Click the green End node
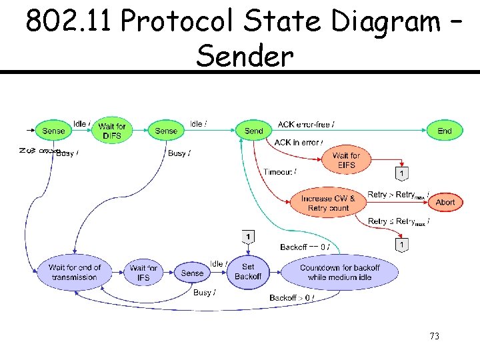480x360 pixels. click(444, 131)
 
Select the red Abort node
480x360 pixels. click(445, 202)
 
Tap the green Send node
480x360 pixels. click(253, 131)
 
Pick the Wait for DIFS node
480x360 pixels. click(111, 131)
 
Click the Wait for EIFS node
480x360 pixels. click(346, 160)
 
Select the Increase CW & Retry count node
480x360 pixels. click(328, 203)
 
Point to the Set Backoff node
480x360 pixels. click(248, 271)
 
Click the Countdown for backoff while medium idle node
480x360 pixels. click(339, 272)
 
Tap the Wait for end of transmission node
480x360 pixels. click(75, 272)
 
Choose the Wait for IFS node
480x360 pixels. click(143, 273)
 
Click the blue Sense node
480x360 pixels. click(192, 273)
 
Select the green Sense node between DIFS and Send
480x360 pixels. click(165, 131)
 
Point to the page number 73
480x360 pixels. click(435, 337)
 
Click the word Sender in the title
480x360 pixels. click(245, 57)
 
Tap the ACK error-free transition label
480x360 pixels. click(306, 124)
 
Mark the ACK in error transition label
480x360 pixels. click(299, 142)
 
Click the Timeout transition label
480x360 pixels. click(280, 172)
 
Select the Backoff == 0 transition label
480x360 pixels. click(304, 247)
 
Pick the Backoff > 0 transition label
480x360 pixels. click(291, 297)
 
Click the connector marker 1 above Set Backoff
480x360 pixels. click(248, 237)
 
